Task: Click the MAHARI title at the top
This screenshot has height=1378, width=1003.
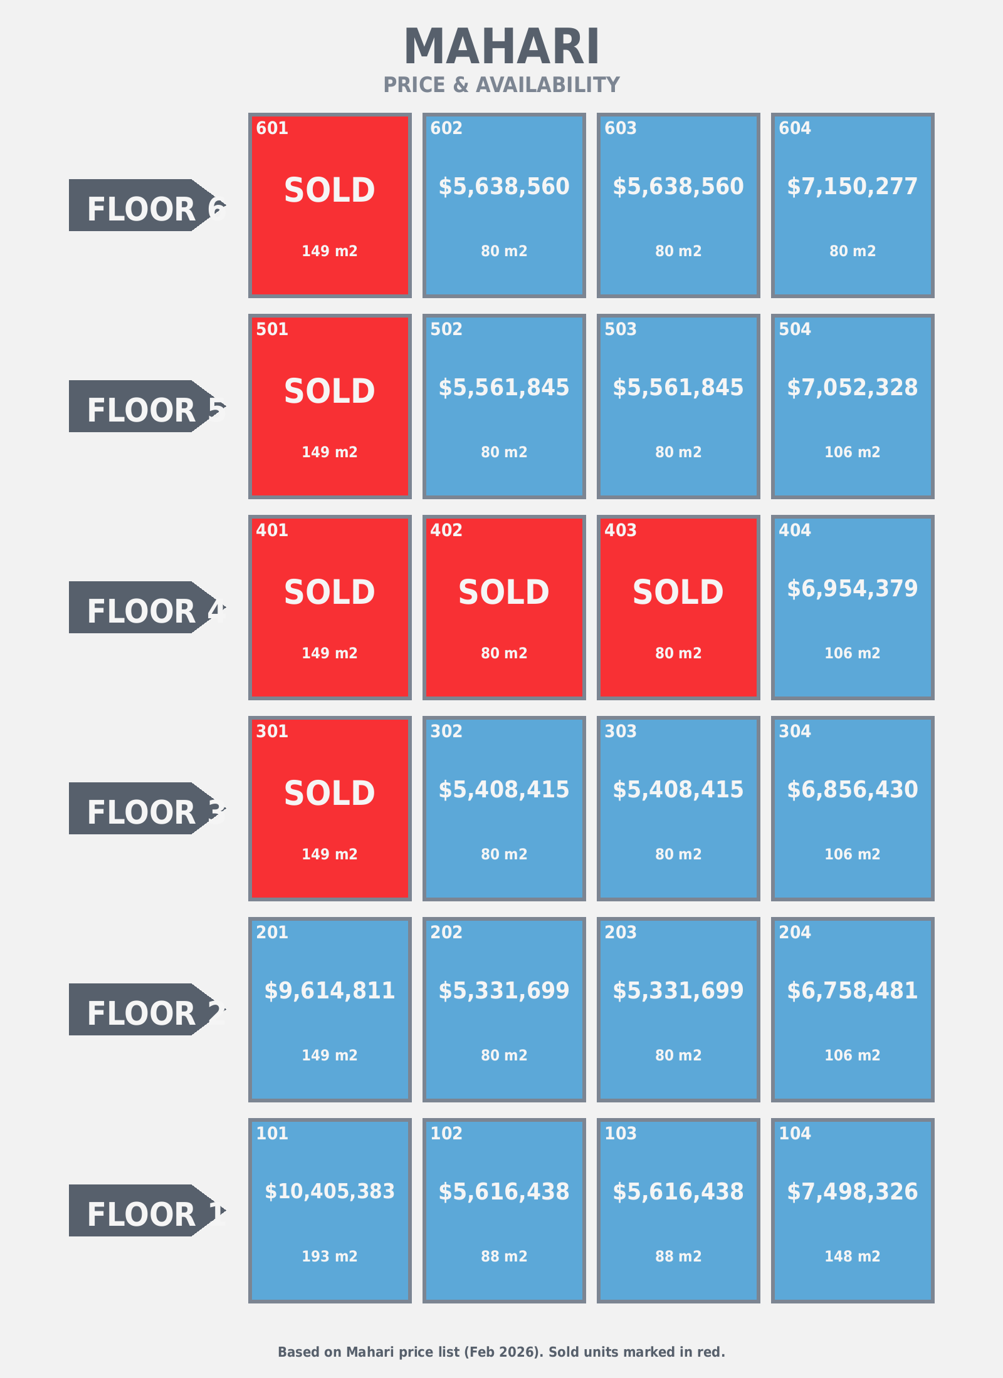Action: click(x=501, y=47)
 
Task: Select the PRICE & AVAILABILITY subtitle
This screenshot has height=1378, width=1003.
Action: click(x=501, y=85)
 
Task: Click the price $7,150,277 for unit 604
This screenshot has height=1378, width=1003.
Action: click(x=853, y=187)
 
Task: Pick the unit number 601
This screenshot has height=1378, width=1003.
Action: click(x=272, y=128)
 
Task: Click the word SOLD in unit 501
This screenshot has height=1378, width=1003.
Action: click(x=330, y=391)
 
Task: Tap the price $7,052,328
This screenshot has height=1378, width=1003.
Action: click(x=853, y=388)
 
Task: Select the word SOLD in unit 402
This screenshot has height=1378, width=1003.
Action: click(x=504, y=593)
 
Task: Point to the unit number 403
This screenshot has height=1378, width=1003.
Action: click(x=621, y=531)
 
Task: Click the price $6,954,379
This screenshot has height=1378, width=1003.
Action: click(x=853, y=589)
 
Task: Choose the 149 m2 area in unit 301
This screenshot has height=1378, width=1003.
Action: click(x=330, y=854)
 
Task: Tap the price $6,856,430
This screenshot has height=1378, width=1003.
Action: click(x=853, y=790)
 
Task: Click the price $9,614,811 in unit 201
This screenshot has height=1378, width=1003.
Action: click(x=330, y=991)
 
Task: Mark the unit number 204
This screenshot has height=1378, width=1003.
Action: click(x=795, y=933)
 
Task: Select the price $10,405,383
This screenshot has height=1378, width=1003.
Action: click(x=330, y=1191)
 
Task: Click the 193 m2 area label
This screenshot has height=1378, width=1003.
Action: click(x=330, y=1256)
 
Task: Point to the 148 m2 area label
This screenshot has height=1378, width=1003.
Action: click(x=853, y=1256)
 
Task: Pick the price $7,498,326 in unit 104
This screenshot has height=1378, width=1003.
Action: click(x=853, y=1192)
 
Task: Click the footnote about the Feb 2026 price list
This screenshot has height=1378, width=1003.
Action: click(x=501, y=1352)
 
